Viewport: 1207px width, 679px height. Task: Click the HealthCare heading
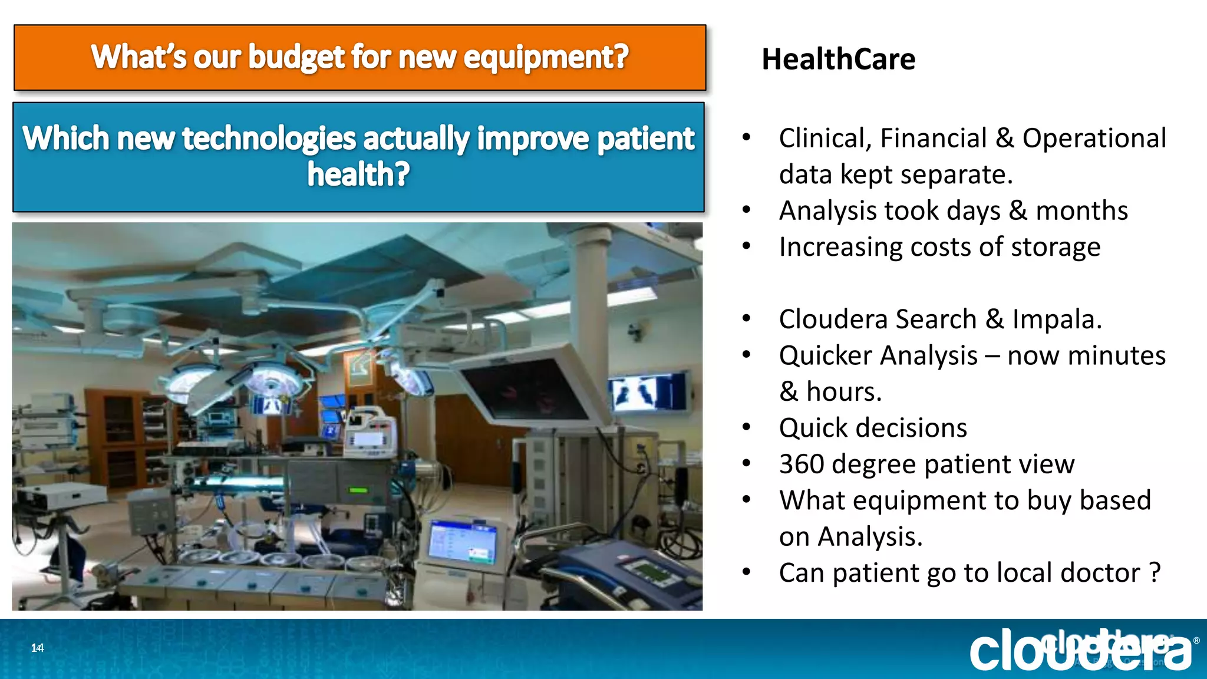(838, 60)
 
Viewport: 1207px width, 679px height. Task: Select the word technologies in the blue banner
(269, 139)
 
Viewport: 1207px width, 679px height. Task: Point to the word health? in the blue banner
(358, 174)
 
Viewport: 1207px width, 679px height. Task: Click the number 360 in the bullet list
(801, 464)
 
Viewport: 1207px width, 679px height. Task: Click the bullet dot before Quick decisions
(747, 427)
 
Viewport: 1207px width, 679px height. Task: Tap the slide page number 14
(37, 648)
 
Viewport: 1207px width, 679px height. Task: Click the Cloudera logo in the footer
(1081, 650)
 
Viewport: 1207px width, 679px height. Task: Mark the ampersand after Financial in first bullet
(1004, 139)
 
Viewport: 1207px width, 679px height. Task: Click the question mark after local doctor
(1155, 573)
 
